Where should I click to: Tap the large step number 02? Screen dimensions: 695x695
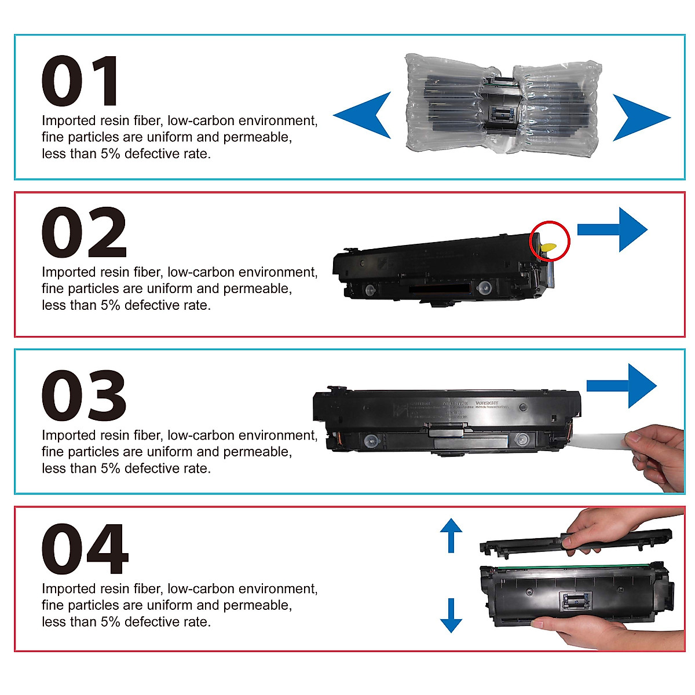coord(84,233)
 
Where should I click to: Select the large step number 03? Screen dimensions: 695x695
coord(84,396)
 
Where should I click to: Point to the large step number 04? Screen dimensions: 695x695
coord(85,549)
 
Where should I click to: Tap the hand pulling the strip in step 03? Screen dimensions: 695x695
coord(660,455)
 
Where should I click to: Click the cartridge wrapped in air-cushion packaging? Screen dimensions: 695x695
coord(501,104)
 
